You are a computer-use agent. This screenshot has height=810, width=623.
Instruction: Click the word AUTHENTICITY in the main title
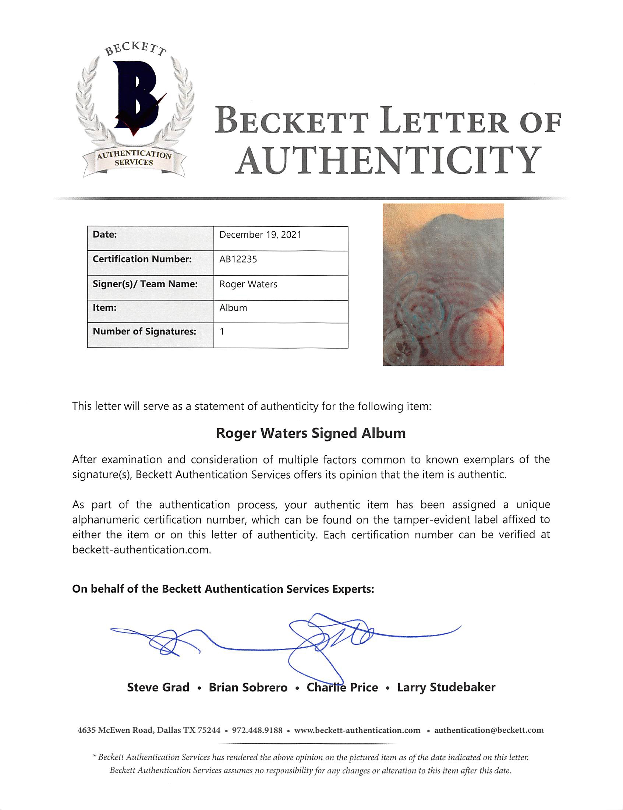tap(387, 160)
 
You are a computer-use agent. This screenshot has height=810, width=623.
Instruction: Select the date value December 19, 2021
tap(260, 235)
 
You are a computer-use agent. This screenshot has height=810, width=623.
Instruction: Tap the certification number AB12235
tap(238, 259)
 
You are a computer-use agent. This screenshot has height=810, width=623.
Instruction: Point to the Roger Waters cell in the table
tap(248, 284)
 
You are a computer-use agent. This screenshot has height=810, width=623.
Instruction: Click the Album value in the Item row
tap(233, 308)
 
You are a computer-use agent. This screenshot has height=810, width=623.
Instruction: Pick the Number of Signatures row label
tap(144, 331)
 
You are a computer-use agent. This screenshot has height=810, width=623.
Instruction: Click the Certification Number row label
tap(142, 259)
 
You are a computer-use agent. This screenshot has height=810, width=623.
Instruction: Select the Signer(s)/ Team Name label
tap(145, 284)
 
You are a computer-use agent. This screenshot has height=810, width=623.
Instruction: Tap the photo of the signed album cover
tap(443, 285)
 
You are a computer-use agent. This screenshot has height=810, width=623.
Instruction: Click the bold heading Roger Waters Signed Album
tap(311, 433)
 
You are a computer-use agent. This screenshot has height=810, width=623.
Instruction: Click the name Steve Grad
tap(158, 687)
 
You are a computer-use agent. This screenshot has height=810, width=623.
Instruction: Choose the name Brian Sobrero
tap(248, 687)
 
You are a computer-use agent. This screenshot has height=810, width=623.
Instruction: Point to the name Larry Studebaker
tap(446, 687)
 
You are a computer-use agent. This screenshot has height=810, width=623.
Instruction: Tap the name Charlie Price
tap(342, 687)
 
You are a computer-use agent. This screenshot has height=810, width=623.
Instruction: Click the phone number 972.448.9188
tap(257, 730)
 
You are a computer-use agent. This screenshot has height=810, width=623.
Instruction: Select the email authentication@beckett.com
tap(488, 730)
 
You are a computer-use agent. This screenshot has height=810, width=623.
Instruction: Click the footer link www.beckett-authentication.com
tap(357, 730)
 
